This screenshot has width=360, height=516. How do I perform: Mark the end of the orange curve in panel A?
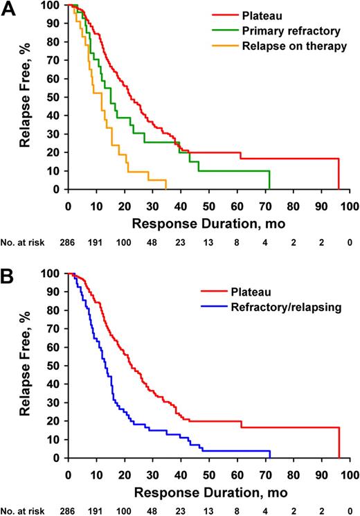pyautogui.click(x=166, y=186)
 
